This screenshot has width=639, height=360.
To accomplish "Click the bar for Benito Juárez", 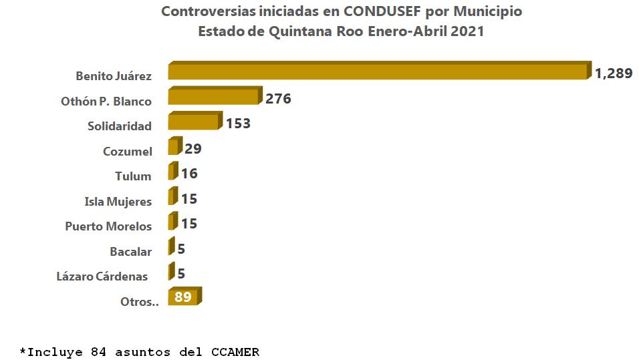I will pos(378,71).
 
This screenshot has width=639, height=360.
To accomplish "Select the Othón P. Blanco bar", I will pos(213,97).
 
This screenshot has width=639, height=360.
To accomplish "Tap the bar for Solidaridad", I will pos(193,122).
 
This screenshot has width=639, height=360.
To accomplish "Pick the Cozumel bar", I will pos(174,147).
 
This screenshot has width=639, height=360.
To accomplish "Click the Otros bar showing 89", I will pos(184,297).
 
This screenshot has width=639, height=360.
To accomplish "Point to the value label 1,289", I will pos(614,73).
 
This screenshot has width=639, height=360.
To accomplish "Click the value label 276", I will pos(278,99).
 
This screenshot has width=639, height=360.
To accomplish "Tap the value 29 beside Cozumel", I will pos(193,148).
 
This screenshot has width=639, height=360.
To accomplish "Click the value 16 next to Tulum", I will pos(189,174).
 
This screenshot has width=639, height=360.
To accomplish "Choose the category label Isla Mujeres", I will pos(118,201).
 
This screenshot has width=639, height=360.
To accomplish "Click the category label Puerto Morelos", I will pos(108,226).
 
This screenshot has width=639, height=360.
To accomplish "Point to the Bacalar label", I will pos(130,252).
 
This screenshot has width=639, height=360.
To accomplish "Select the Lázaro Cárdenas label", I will pos(102,277).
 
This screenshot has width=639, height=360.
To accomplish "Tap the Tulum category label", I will pos(133,176).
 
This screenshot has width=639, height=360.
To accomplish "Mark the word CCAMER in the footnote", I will pos(234,351).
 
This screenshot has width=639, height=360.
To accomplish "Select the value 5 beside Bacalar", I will pos(181,249).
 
